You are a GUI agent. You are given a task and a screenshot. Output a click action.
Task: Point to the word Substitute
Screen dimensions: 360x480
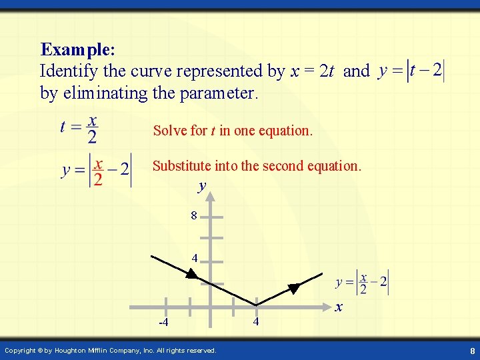pyautogui.click(x=183, y=165)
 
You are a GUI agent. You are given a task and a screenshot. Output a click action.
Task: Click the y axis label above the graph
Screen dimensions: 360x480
pyautogui.click(x=202, y=187)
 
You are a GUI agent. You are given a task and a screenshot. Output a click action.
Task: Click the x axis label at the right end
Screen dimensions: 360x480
pyautogui.click(x=339, y=307)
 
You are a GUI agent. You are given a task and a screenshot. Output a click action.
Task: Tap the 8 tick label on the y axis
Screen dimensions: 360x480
pyautogui.click(x=194, y=215)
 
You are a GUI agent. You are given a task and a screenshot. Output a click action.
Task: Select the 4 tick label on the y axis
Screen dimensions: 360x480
pyautogui.click(x=194, y=257)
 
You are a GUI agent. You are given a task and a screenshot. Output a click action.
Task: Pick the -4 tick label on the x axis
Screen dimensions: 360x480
pyautogui.click(x=163, y=323)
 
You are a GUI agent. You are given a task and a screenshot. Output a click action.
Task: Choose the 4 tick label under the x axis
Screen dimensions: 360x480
pyautogui.click(x=256, y=323)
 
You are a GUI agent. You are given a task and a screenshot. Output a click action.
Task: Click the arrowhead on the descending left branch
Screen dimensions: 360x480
pyautogui.click(x=192, y=274)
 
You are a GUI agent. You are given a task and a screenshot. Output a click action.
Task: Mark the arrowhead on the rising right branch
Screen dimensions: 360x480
pyautogui.click(x=293, y=289)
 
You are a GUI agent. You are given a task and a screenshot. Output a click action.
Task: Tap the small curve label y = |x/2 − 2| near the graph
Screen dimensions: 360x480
pyautogui.click(x=362, y=283)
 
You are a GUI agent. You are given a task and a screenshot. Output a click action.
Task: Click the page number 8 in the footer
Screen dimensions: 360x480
pyautogui.click(x=471, y=350)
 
